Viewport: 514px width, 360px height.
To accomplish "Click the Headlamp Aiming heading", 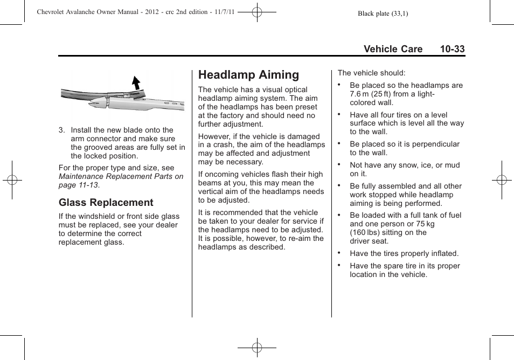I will pyautogui.click(x=248, y=75).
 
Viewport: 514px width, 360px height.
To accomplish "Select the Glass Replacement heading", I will pyautogui.click(x=106, y=203).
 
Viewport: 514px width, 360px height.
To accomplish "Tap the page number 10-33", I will pyautogui.click(x=452, y=49).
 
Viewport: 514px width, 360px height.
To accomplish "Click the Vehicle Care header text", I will pyautogui.click(x=393, y=49).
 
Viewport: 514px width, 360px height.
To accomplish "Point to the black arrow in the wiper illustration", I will pyautogui.click(x=136, y=82).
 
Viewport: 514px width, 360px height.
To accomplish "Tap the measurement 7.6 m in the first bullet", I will pyautogui.click(x=360, y=94).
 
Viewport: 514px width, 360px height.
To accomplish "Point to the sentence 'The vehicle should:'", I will pyautogui.click(x=371, y=73).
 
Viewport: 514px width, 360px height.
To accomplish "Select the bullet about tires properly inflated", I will pyautogui.click(x=404, y=253).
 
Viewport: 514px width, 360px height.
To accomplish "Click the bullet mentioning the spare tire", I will pyautogui.click(x=405, y=270).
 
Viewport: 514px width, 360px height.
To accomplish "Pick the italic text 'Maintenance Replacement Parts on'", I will pyautogui.click(x=121, y=176).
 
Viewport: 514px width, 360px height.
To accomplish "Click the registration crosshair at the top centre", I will pyautogui.click(x=257, y=11).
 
